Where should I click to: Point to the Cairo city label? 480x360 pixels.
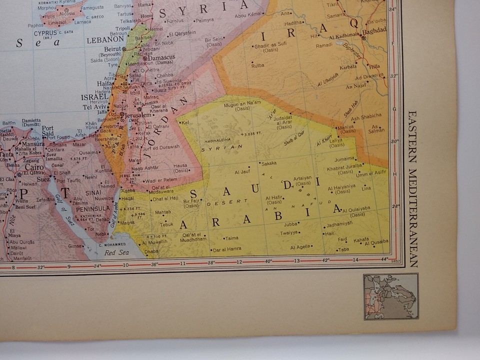coord(34,167)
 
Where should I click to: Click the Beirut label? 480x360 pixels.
coord(113,48)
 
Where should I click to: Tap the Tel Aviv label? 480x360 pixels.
coord(94,106)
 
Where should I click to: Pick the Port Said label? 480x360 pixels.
coord(47,131)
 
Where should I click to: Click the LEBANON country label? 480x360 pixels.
coord(105,39)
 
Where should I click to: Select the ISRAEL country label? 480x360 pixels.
coord(94,97)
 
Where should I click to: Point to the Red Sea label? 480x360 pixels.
coord(116,252)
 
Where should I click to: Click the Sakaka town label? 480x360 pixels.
coord(269,163)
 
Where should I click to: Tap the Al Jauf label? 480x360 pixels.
coord(242,172)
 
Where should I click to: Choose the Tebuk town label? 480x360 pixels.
coord(166,224)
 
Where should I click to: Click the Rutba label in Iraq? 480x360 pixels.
coord(257,65)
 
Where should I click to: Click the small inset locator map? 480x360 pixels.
coord(390,296)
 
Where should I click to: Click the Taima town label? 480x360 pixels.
coord(231,238)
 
